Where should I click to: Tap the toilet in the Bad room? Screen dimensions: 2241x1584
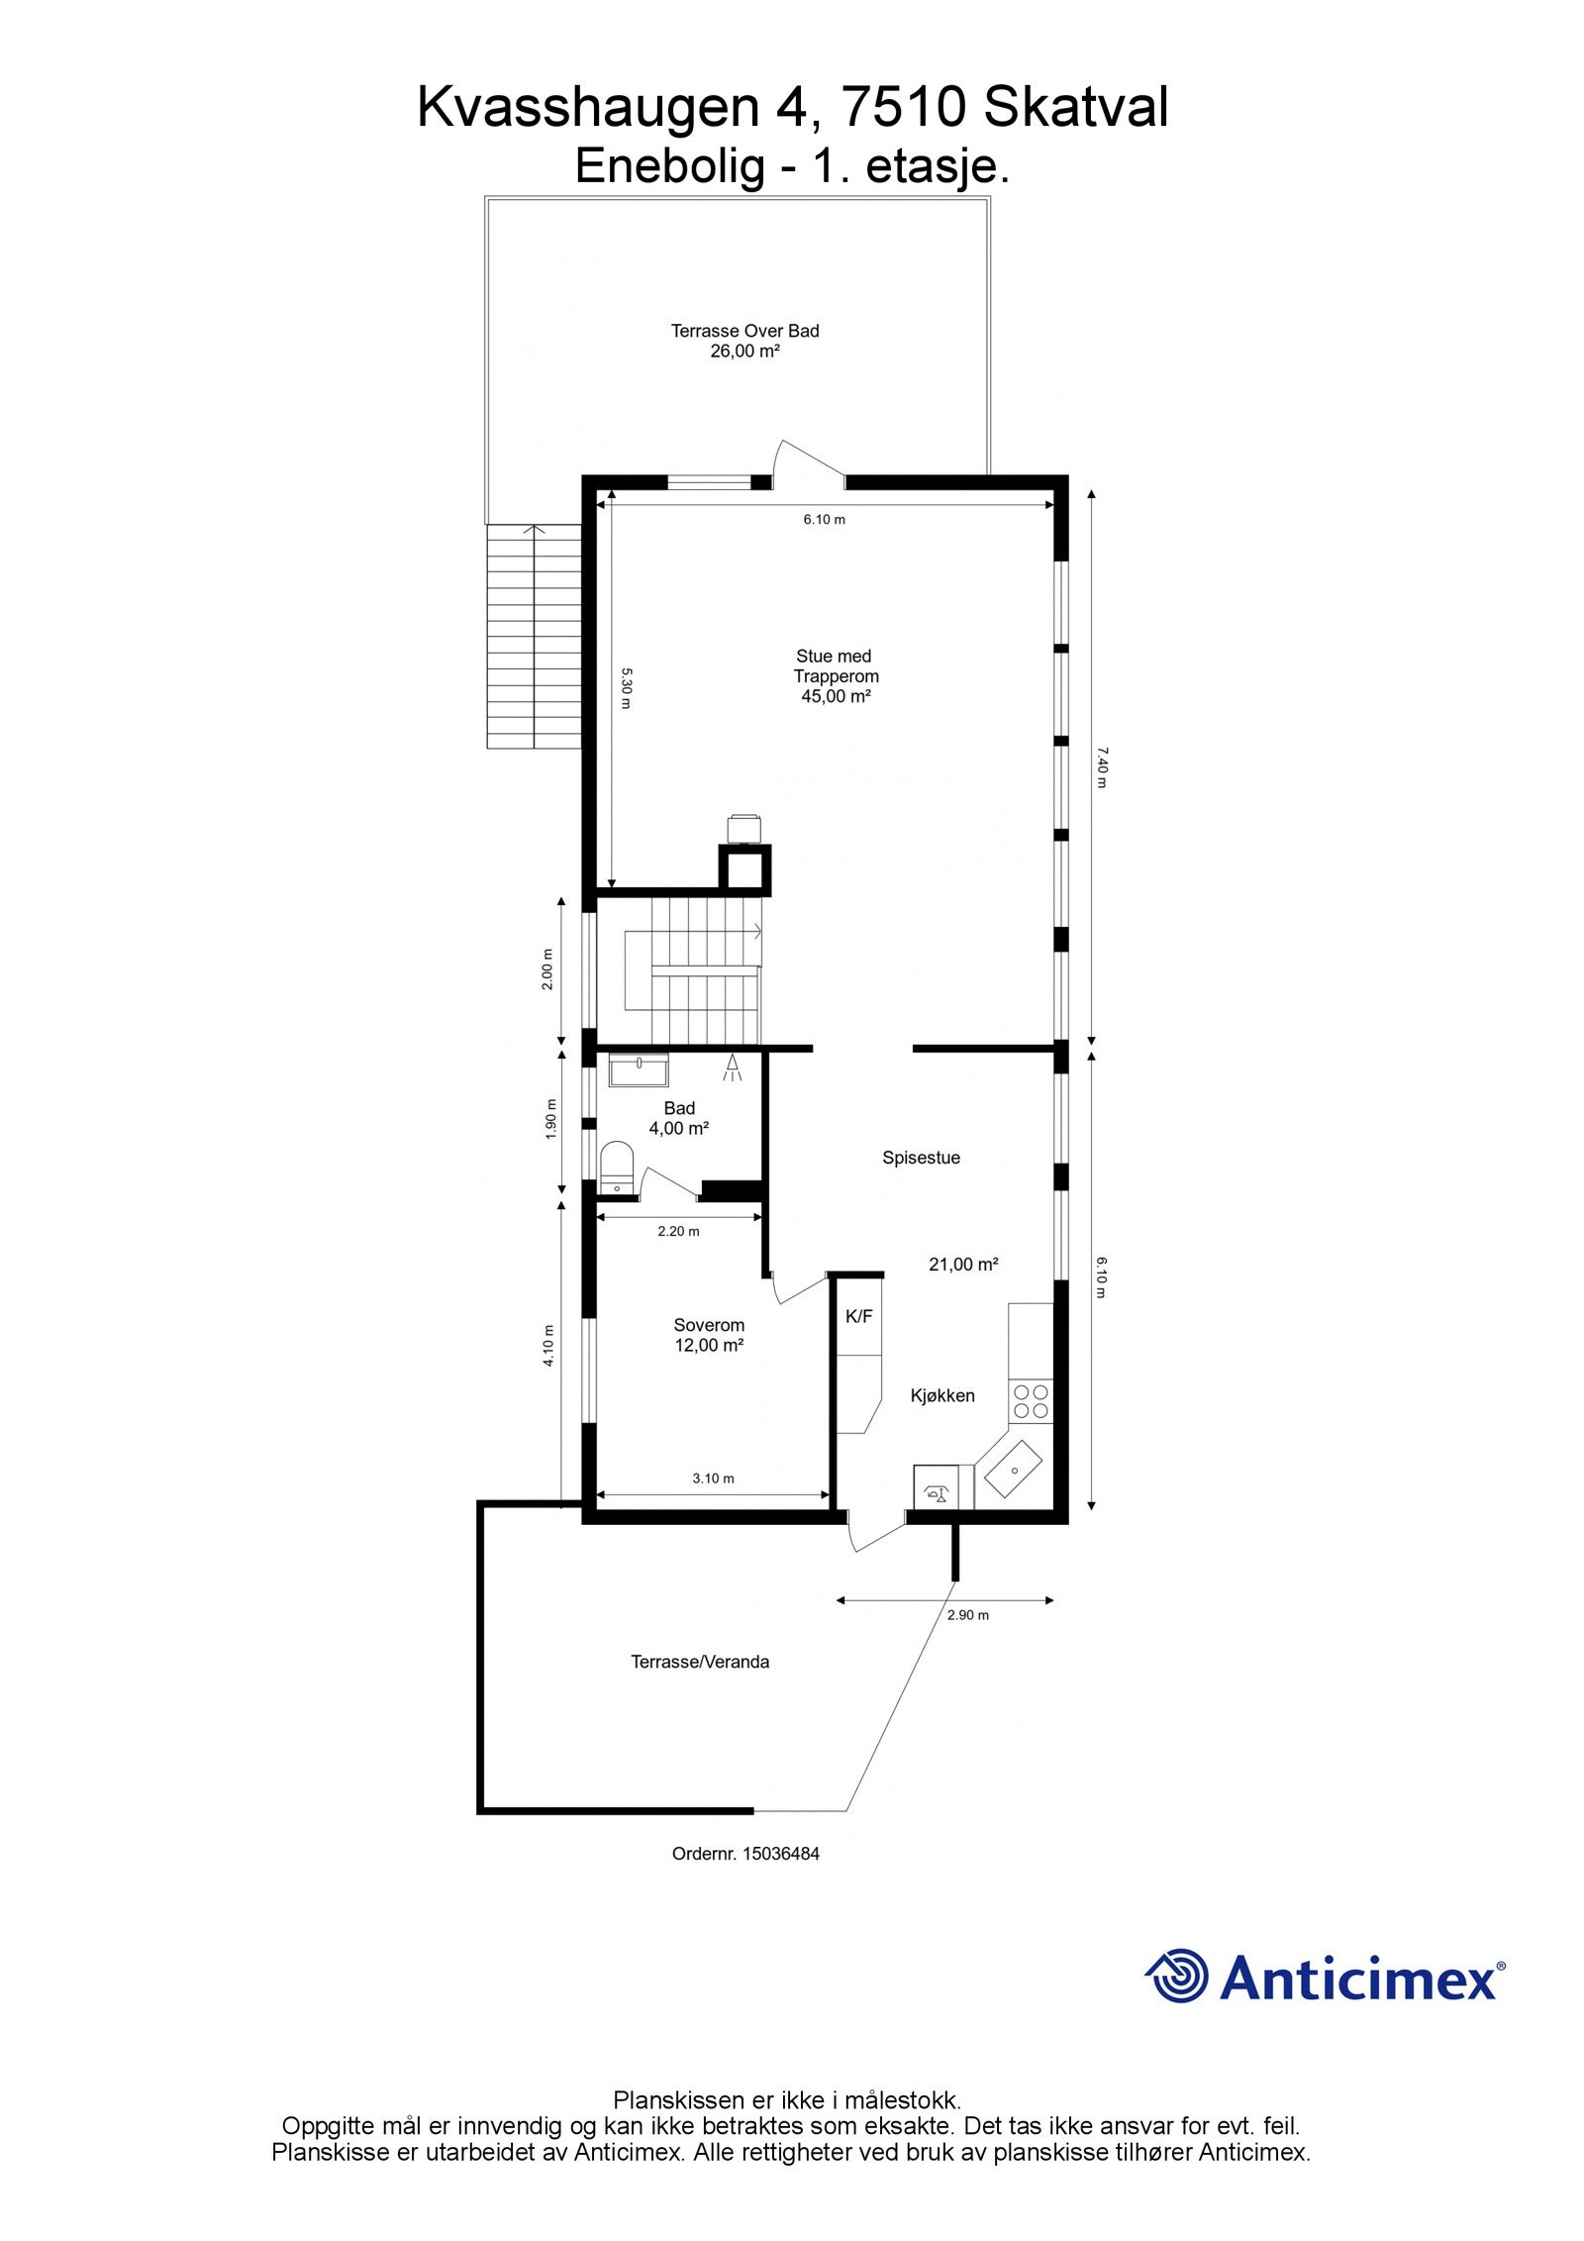pyautogui.click(x=617, y=1168)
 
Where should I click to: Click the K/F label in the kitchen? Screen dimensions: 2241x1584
pyautogui.click(x=858, y=1316)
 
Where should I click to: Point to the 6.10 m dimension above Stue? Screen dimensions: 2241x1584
pyautogui.click(x=824, y=519)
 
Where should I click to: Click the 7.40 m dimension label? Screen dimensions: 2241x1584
pyautogui.click(x=1101, y=767)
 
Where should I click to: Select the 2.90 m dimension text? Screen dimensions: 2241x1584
pyautogui.click(x=967, y=1615)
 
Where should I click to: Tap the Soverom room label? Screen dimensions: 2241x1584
pyautogui.click(x=709, y=1325)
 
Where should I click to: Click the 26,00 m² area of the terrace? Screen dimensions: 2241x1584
pyautogui.click(x=744, y=352)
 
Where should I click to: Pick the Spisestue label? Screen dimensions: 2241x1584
pyautogui.click(x=921, y=1158)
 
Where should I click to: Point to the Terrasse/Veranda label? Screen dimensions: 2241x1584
pyautogui.click(x=700, y=1662)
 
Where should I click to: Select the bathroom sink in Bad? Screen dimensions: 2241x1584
pyautogui.click(x=639, y=1070)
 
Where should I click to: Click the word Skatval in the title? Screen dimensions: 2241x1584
pyautogui.click(x=1075, y=107)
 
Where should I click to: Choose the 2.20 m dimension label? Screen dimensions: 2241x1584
pyautogui.click(x=678, y=1232)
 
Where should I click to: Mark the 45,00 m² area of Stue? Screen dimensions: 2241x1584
pyautogui.click(x=836, y=697)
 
